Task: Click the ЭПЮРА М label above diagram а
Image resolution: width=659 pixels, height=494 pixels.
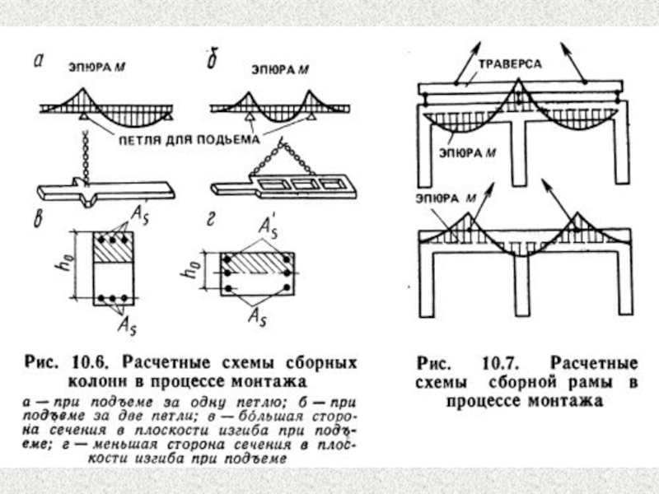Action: pyautogui.click(x=92, y=71)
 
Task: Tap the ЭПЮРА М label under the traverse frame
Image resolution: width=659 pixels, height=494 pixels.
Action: pyautogui.click(x=467, y=152)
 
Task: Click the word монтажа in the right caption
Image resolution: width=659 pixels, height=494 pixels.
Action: pyautogui.click(x=568, y=401)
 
